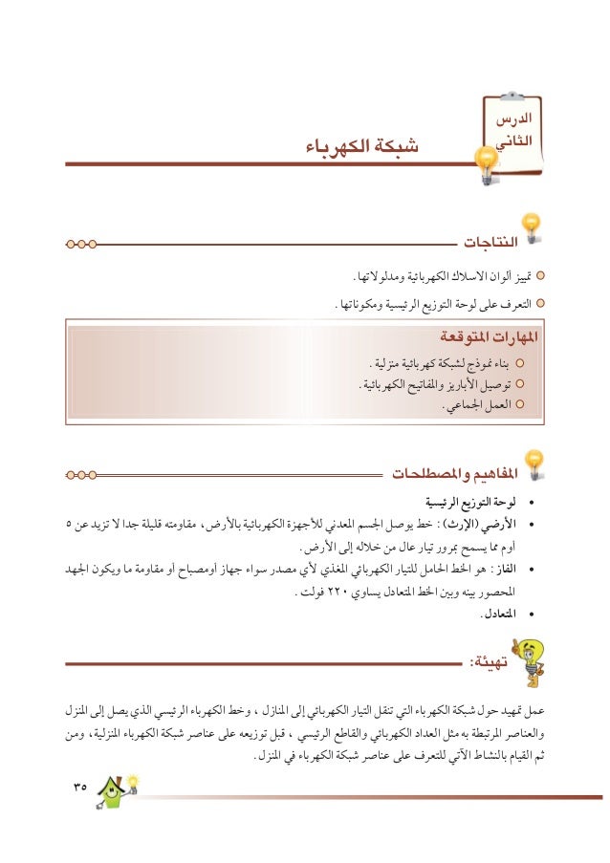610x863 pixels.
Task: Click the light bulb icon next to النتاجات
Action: pos(531,227)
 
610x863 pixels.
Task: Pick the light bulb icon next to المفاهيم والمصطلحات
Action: pos(534,463)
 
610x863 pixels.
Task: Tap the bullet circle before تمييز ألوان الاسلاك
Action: pos(541,277)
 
